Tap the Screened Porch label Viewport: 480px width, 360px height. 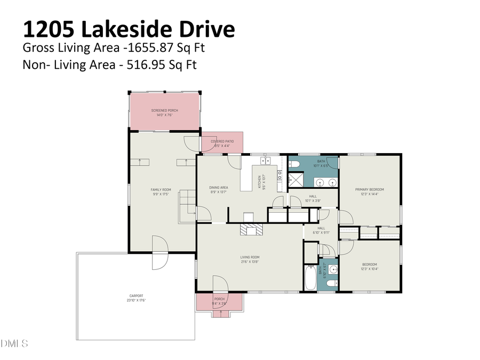(x=164, y=110)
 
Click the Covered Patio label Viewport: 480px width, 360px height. (x=222, y=141)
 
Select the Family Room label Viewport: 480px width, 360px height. (x=161, y=190)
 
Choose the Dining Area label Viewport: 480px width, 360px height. (x=219, y=188)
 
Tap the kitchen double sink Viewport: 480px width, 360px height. (x=265, y=161)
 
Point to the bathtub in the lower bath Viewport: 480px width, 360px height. (x=310, y=277)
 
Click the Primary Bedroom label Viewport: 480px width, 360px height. (x=370, y=189)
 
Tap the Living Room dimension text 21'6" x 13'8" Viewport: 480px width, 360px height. (x=249, y=262)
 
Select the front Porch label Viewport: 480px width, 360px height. (x=219, y=299)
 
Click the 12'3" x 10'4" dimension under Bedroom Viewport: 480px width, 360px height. (x=370, y=269)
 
